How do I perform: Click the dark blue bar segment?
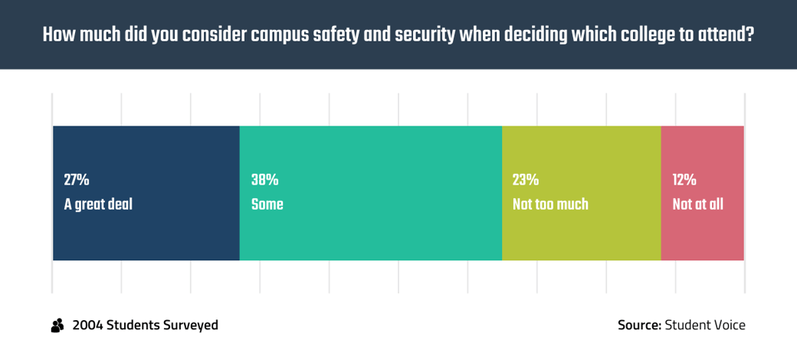coord(146,194)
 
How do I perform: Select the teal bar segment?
coord(371,194)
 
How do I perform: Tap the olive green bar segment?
coord(582,194)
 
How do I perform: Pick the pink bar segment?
coord(703,194)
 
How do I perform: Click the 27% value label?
coord(76,180)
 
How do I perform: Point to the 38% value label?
coord(265,180)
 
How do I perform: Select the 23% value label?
coord(526,180)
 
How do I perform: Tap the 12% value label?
coord(684,180)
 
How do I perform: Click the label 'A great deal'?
coord(98,205)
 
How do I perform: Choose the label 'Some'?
coord(267,205)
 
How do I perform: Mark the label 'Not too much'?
coord(550,205)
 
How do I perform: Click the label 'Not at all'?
coord(698,205)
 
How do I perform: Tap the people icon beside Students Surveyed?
coord(57,326)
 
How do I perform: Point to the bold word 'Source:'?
coord(639,325)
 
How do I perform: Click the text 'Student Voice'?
coord(706,325)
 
